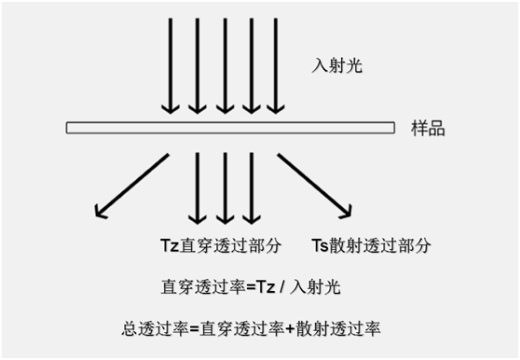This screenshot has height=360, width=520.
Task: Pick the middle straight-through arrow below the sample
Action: point(225,187)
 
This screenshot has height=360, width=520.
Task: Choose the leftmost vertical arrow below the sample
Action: point(198,187)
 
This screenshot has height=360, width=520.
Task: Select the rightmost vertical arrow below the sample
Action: point(250,187)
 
